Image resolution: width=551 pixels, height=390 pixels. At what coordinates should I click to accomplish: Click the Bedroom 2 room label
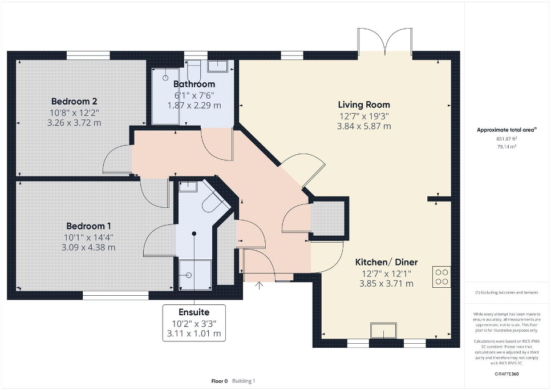(x=74, y=101)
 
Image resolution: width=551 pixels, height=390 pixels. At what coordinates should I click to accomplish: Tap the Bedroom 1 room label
(x=88, y=226)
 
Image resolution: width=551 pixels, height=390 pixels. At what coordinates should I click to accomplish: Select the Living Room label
(x=364, y=104)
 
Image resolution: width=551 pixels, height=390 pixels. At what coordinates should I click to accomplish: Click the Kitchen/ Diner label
(x=387, y=262)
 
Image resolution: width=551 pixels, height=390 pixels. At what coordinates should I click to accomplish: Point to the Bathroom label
(x=195, y=84)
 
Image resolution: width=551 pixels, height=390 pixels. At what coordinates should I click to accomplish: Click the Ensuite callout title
(x=194, y=312)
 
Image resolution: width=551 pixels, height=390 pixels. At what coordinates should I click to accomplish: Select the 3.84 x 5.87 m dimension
(x=364, y=126)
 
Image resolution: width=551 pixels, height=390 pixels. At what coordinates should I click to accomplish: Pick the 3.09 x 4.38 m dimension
(x=88, y=248)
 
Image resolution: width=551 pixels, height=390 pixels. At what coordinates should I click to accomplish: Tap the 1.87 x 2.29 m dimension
(x=195, y=106)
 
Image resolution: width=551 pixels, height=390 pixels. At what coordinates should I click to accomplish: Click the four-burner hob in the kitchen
(x=441, y=277)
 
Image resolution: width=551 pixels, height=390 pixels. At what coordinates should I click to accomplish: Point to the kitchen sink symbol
(x=383, y=331)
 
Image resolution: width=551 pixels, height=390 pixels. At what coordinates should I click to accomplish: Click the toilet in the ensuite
(x=213, y=203)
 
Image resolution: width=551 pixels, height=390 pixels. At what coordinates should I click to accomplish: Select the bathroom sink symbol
(x=218, y=66)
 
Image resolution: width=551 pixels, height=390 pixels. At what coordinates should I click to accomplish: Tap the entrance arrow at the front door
(x=259, y=285)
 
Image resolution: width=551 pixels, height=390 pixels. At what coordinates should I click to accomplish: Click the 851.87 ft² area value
(x=507, y=139)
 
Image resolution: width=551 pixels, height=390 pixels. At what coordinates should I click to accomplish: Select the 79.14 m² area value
(x=507, y=147)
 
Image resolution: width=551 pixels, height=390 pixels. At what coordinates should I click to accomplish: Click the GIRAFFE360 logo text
(x=507, y=374)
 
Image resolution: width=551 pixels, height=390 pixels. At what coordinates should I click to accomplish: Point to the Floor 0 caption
(x=220, y=381)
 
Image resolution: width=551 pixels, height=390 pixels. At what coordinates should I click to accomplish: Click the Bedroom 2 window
(x=88, y=55)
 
